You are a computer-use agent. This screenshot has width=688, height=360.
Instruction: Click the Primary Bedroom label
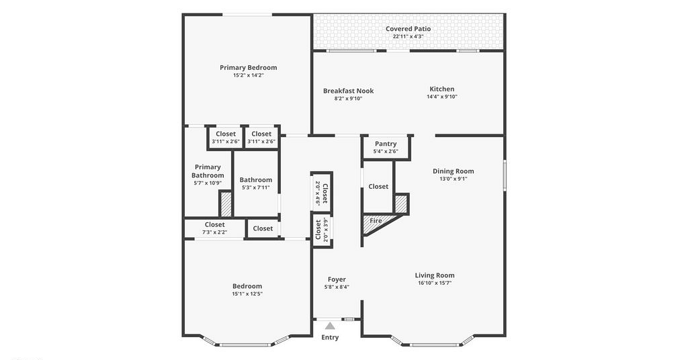[x=249, y=68]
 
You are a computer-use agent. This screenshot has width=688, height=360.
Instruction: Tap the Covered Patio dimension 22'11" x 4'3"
[x=408, y=36]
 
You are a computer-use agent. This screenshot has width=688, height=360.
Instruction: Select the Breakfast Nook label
[x=349, y=91]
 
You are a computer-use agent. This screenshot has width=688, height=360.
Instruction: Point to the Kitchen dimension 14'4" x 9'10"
[x=442, y=97]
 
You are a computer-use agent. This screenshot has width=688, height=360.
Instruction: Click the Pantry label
[x=386, y=144]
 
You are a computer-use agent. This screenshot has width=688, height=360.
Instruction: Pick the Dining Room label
[x=454, y=171]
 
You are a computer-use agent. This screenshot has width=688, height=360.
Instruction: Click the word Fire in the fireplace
[x=376, y=220]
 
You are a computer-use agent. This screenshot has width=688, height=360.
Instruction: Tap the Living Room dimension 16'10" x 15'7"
[x=435, y=283]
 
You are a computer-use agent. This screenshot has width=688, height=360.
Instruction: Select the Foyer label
[x=337, y=279]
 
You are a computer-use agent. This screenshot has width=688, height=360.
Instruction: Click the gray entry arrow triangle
[x=330, y=326]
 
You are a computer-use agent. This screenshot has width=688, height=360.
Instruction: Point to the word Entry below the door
[x=330, y=337]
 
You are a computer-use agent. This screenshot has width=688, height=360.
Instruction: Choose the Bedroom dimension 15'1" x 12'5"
[x=247, y=294]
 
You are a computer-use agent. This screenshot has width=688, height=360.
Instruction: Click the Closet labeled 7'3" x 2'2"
[x=214, y=224]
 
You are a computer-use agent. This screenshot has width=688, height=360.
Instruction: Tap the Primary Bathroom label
[x=208, y=171]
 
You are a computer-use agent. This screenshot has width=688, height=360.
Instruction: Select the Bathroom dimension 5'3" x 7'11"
[x=256, y=187]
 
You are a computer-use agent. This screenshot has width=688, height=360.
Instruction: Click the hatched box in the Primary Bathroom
[x=226, y=204]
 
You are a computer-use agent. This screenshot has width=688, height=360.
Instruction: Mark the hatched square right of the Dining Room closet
[x=402, y=204]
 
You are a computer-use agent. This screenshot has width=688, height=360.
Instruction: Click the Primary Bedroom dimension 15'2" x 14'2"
[x=249, y=75]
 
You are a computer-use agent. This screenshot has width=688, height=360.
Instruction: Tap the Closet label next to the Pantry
[x=378, y=186]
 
